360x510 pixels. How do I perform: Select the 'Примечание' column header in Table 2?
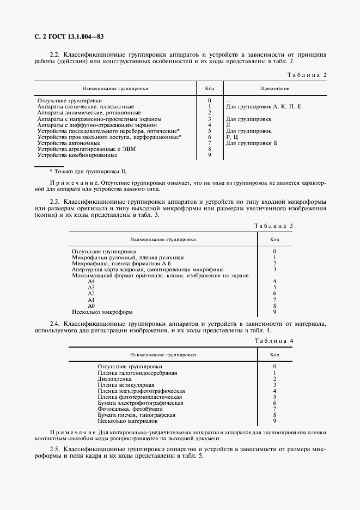click(x=274, y=88)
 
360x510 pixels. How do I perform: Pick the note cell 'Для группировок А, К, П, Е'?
click(x=263, y=107)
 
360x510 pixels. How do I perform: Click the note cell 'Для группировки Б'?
click(x=252, y=143)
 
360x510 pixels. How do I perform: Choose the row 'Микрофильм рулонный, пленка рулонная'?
click(x=128, y=257)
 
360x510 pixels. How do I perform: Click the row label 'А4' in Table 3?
click(x=91, y=281)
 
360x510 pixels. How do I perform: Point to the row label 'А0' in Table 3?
click(x=91, y=306)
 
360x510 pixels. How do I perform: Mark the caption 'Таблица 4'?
click(x=274, y=341)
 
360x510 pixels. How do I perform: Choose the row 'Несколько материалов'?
click(x=127, y=421)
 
